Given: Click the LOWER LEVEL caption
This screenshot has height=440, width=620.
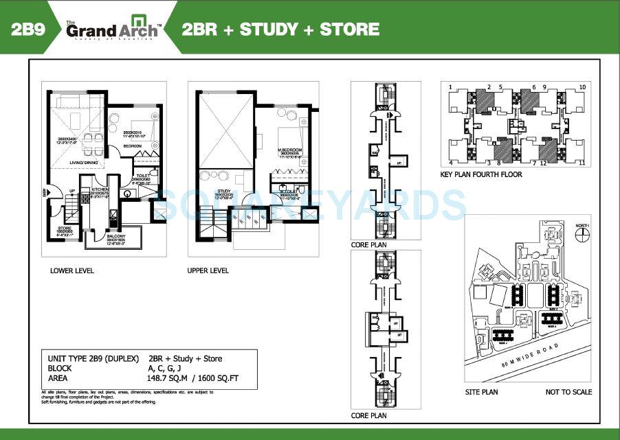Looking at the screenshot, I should click(x=72, y=270).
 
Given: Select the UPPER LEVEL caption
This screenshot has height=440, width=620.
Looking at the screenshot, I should click(x=208, y=270).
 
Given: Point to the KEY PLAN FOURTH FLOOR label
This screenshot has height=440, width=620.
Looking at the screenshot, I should click(x=481, y=174).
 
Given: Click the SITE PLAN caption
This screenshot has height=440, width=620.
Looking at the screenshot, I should click(x=481, y=392).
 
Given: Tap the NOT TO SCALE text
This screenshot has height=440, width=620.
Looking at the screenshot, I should click(x=568, y=392).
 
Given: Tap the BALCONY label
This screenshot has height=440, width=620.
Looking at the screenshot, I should click(x=115, y=238).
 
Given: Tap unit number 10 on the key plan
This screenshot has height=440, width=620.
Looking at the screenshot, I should click(x=582, y=87).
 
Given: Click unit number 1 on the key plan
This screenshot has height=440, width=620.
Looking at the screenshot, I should click(x=450, y=87).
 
